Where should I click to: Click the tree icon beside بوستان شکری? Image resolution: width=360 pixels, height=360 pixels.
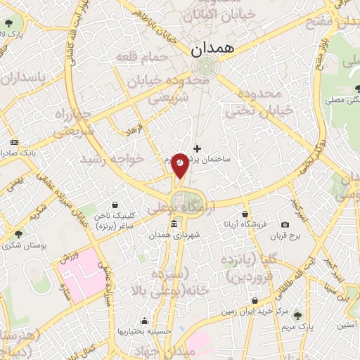[18, 233]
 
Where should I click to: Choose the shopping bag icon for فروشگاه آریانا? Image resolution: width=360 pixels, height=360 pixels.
[244, 214]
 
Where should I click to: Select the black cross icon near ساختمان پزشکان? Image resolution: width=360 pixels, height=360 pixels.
[197, 148]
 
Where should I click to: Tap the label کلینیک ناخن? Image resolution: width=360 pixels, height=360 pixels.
[114, 214]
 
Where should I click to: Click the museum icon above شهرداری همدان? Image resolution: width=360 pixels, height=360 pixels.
[174, 224]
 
